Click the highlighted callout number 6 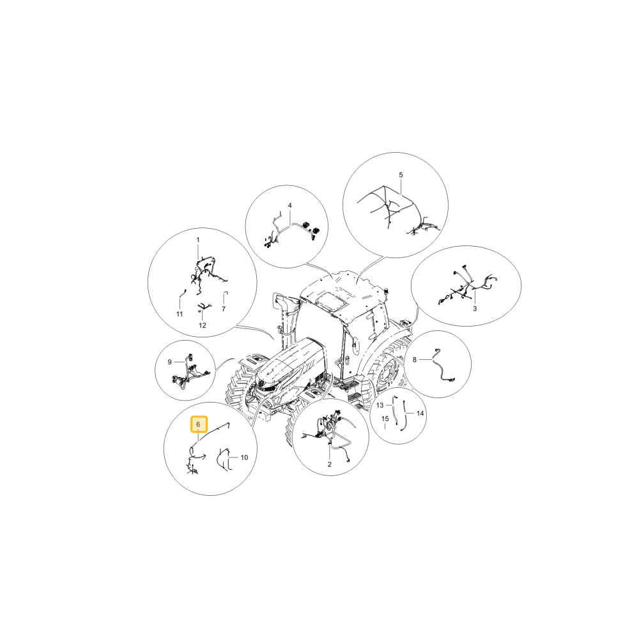[x=199, y=425]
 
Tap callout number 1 [x=198, y=240]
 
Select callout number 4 [x=289, y=205]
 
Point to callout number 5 [x=401, y=175]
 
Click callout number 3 [x=475, y=309]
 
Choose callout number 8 [x=415, y=359]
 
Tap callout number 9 [x=170, y=362]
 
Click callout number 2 [x=329, y=464]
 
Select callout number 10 [x=244, y=458]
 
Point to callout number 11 [x=180, y=314]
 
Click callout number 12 [x=203, y=325]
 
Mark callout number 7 [x=223, y=309]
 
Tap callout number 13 [x=380, y=405]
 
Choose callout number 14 [x=420, y=413]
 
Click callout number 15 [x=385, y=419]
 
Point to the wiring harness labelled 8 [x=442, y=366]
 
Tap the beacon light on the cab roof [x=385, y=291]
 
